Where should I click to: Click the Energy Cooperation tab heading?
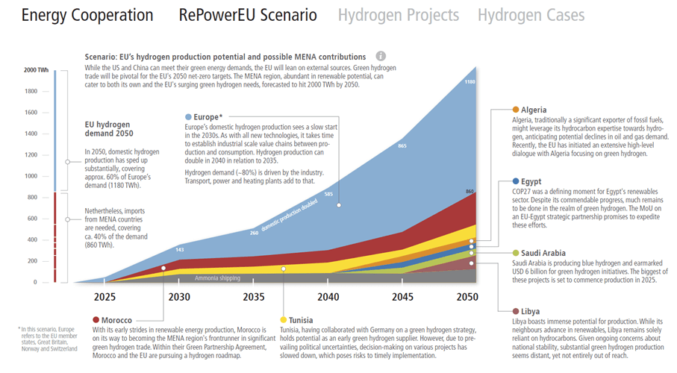click(x=87, y=16)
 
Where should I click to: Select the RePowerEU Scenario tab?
click(x=248, y=16)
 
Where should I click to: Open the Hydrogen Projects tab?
click(x=399, y=16)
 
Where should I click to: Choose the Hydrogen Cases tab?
click(x=531, y=16)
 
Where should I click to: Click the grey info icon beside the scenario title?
click(x=381, y=56)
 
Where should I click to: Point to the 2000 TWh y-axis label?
click(x=35, y=70)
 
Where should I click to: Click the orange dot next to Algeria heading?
click(x=517, y=110)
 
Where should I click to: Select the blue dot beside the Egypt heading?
click(x=517, y=181)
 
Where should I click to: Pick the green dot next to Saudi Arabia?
click(x=517, y=253)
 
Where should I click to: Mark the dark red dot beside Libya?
click(x=517, y=311)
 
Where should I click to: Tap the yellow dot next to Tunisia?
click(x=284, y=320)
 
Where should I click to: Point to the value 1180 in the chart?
click(x=469, y=81)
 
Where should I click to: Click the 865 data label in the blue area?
click(x=402, y=145)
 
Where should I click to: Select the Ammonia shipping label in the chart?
click(x=217, y=278)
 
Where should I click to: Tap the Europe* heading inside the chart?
click(x=208, y=117)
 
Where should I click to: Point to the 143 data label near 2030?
click(x=179, y=249)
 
